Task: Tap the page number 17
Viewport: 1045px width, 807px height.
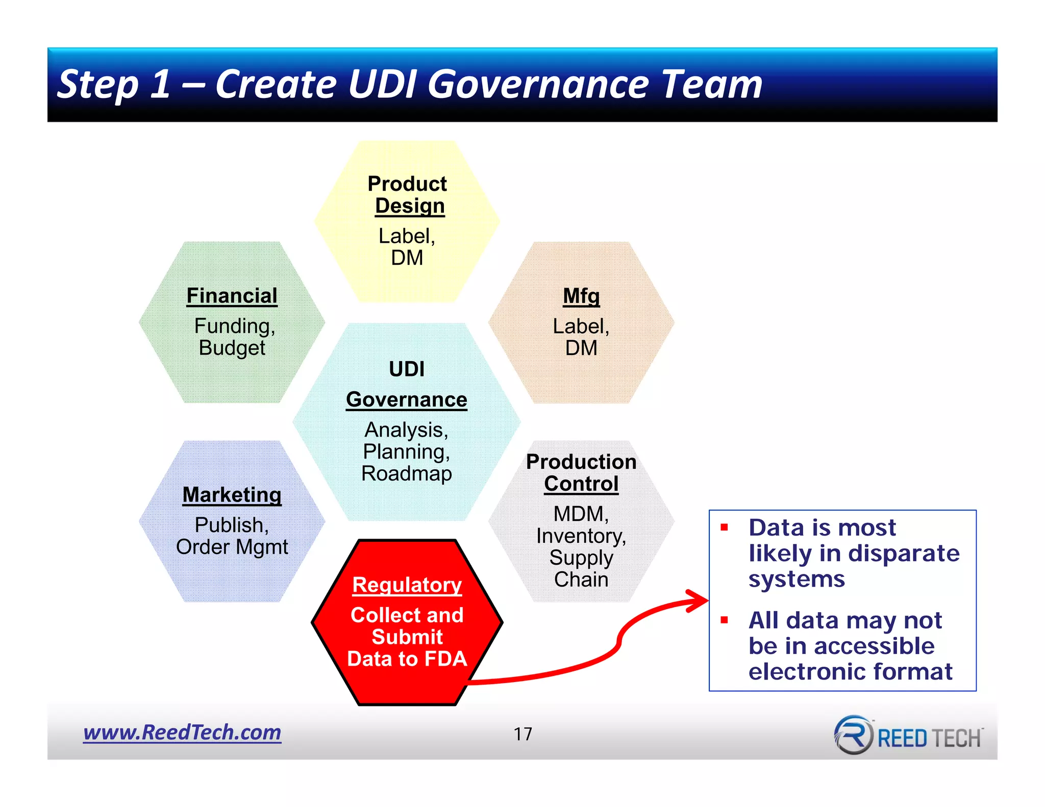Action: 522,734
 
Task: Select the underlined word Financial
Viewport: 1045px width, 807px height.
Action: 232,296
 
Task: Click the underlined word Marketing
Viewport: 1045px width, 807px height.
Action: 232,495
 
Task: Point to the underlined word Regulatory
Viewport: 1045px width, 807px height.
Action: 407,585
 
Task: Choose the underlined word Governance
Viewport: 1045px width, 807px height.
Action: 406,399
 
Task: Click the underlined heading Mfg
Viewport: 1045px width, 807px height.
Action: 581,296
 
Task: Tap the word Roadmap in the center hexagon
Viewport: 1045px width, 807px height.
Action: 406,473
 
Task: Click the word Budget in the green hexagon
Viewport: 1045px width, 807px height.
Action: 232,348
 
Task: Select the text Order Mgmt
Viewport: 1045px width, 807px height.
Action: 232,547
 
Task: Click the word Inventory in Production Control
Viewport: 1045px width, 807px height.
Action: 580,536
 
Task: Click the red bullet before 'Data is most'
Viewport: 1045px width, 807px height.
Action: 724,527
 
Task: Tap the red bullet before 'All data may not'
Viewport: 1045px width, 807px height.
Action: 724,620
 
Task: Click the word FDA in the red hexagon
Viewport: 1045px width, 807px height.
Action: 445,659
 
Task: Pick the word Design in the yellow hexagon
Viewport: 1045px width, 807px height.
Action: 410,206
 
